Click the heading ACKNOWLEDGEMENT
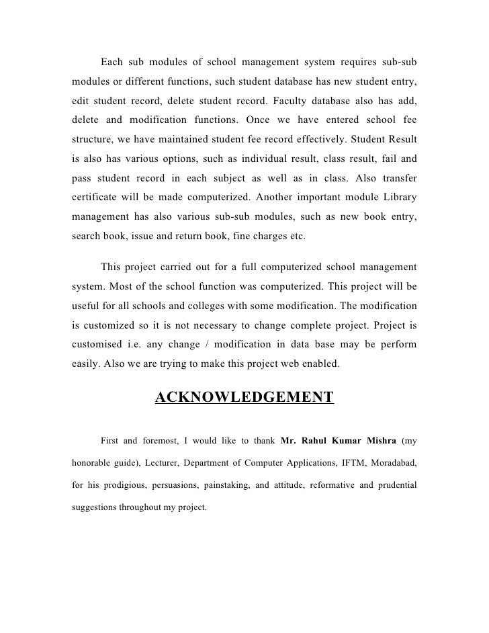[244, 398]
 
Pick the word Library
[398, 198]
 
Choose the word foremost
[161, 441]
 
